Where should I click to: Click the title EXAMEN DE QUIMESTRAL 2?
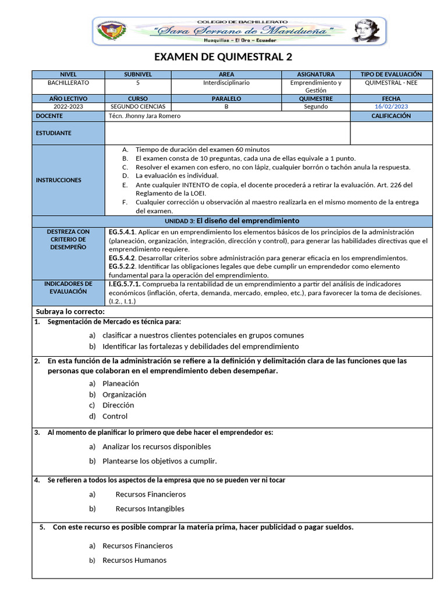(x=223, y=57)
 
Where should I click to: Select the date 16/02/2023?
(x=391, y=107)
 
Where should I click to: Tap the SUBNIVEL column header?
(x=138, y=74)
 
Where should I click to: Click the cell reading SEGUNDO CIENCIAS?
(x=138, y=107)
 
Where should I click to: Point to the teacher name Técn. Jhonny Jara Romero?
(x=144, y=116)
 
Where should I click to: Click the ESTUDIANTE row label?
(x=54, y=133)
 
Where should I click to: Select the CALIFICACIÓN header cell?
(x=391, y=116)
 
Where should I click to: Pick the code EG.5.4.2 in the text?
(x=122, y=258)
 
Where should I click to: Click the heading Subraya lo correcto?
(x=70, y=312)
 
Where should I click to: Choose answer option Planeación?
(x=120, y=384)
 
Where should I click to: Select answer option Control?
(x=115, y=416)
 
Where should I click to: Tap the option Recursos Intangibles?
(x=150, y=509)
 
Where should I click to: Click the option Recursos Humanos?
(x=134, y=560)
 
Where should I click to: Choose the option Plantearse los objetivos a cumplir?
(x=159, y=461)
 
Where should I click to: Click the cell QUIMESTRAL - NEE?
(x=391, y=83)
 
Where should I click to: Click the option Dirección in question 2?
(x=118, y=405)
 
